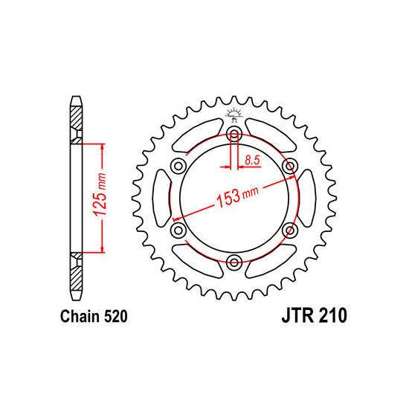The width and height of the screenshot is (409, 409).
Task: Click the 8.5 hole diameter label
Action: coord(252,160)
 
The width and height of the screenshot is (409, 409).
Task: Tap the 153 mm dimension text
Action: coord(238,196)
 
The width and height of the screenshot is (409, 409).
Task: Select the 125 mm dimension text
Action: coord(100,195)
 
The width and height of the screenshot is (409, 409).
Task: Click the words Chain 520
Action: coord(94,316)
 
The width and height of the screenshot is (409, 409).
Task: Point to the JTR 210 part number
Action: coord(315,315)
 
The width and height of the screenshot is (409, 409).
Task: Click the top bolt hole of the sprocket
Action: coord(234,135)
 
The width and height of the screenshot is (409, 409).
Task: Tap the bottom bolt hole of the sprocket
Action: coord(234,263)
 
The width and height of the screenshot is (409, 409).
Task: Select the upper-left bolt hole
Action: coord(178,166)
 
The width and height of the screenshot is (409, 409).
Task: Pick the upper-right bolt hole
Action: coord(290,166)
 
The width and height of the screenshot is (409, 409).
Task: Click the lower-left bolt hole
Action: coord(178,231)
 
